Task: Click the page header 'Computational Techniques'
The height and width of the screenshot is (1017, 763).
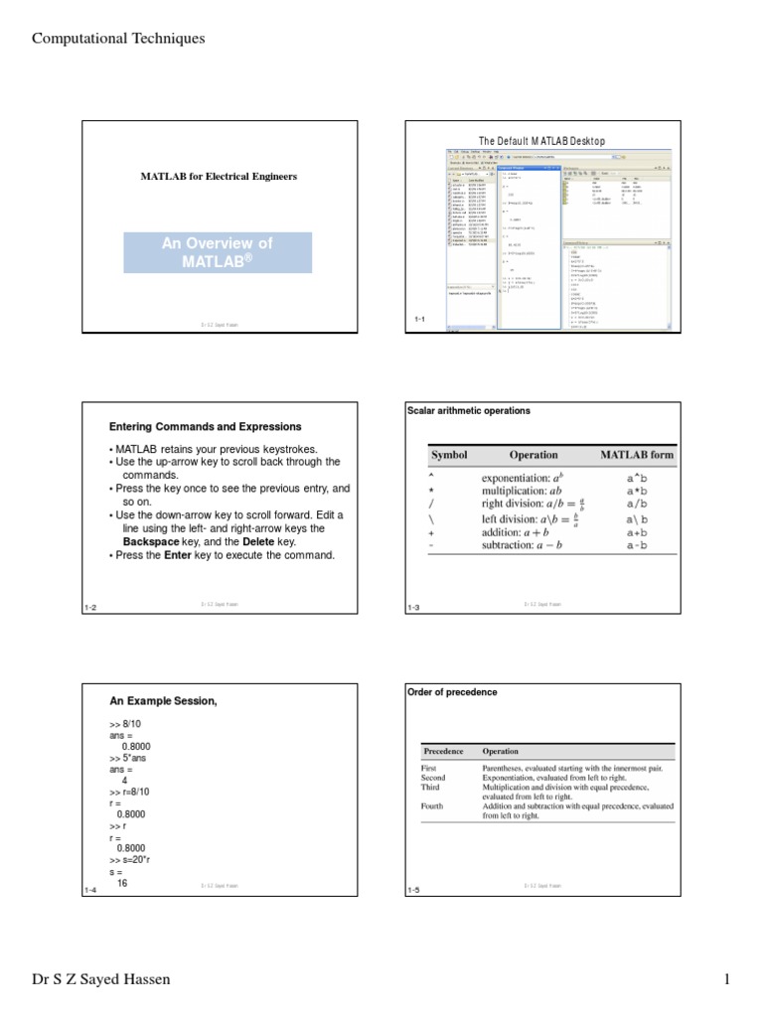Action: [118, 39]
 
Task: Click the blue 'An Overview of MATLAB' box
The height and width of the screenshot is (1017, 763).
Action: [218, 252]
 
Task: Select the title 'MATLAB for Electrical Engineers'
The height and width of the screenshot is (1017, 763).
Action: [219, 176]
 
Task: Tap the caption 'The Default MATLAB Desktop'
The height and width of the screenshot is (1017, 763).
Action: [541, 141]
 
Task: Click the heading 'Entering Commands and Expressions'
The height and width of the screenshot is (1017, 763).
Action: [205, 426]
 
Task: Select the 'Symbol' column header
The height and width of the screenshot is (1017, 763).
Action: [449, 455]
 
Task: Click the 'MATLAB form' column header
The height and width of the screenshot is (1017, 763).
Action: [636, 455]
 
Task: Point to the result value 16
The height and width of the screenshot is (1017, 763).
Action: [122, 881]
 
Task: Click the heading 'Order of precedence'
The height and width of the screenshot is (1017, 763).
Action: [452, 691]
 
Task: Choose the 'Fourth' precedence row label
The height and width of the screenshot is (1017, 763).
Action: [432, 806]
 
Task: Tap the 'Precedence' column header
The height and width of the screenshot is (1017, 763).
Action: [443, 752]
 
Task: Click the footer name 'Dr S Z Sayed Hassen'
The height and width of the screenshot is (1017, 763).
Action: [101, 979]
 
